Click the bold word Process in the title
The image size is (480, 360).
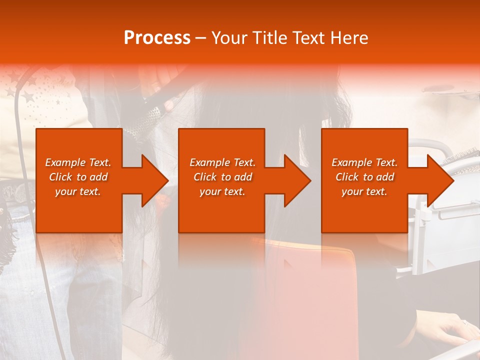click(x=157, y=38)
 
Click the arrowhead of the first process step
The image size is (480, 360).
click(x=155, y=180)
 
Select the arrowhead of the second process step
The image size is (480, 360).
click(x=297, y=180)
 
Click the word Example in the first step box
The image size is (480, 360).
click(x=65, y=162)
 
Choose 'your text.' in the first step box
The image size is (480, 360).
click(x=78, y=191)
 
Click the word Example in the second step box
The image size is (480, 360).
click(x=209, y=162)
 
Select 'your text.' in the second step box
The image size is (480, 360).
click(x=222, y=191)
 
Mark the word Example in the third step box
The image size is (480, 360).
click(x=351, y=162)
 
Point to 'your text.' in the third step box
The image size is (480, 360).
click(x=364, y=191)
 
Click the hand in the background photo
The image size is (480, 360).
click(x=445, y=327)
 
